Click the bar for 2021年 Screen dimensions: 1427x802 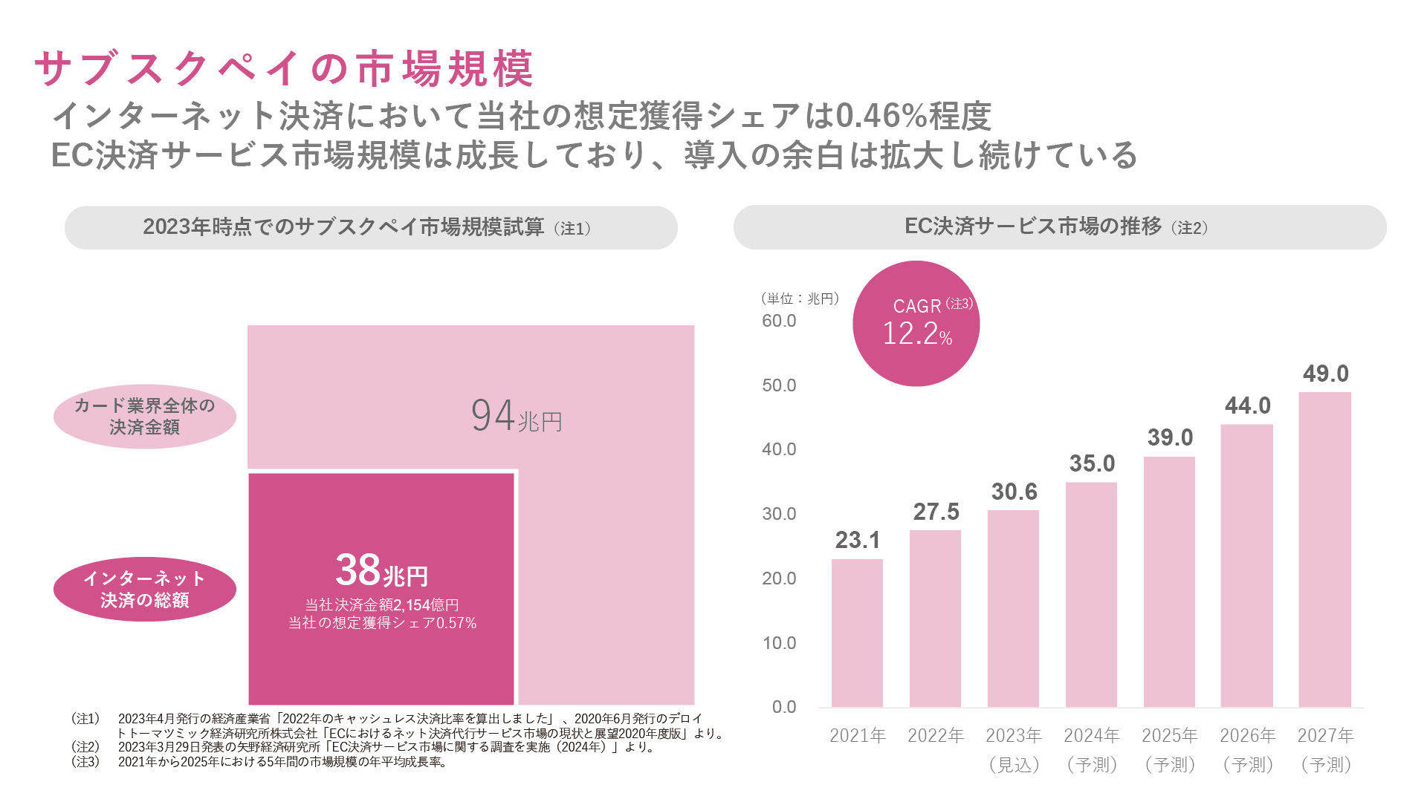857,633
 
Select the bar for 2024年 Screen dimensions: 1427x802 1091,595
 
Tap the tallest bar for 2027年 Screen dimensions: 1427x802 1324,550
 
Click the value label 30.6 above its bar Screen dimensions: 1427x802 1014,492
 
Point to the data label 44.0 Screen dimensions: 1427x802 1248,405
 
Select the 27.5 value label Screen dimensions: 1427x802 936,512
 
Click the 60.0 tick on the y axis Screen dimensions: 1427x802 779,321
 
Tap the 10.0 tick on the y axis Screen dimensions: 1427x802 779,643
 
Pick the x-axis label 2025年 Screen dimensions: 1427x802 1170,735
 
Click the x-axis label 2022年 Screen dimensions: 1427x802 936,735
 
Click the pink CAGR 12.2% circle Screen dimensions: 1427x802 916,324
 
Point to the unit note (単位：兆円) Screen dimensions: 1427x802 800,299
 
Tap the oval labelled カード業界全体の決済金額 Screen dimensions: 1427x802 145,416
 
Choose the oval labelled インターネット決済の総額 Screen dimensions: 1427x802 145,589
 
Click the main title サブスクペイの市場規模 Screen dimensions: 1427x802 284,68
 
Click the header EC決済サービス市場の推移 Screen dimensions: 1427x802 1033,226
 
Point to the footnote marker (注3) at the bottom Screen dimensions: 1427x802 85,762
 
